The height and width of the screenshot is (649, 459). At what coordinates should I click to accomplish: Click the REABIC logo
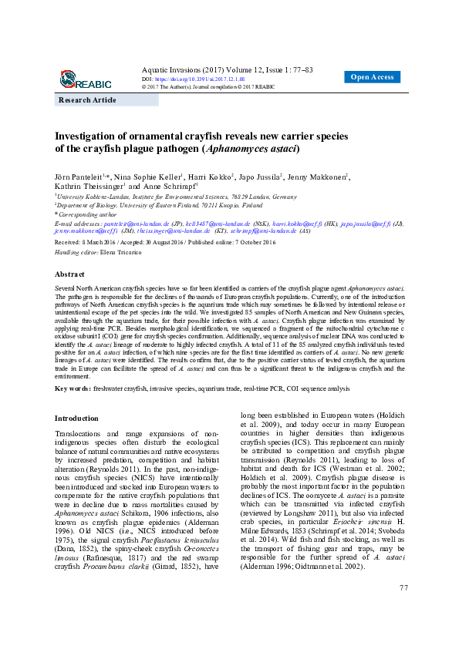tap(86, 79)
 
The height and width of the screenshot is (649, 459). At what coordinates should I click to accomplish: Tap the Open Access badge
tap(372, 77)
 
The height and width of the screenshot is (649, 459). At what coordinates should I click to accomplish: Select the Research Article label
tap(88, 100)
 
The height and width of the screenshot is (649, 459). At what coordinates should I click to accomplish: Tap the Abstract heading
tap(69, 274)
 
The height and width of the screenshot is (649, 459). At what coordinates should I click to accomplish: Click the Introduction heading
tap(76, 418)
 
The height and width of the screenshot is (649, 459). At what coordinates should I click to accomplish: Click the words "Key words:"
tap(73, 389)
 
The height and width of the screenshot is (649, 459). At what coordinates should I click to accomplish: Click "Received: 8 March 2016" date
tap(86, 243)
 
